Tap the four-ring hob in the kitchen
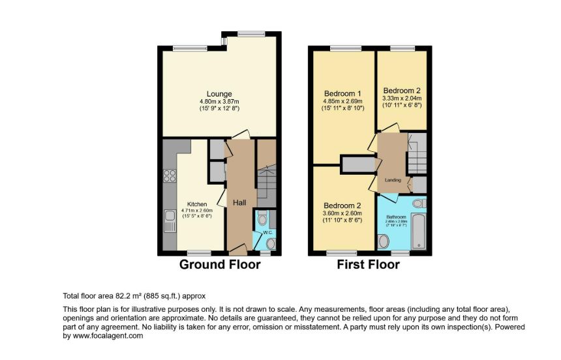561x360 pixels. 169,175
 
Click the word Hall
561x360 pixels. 239,203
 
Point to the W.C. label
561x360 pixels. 267,232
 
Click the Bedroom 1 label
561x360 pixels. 344,93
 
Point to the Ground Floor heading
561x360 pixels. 220,265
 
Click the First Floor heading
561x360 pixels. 368,265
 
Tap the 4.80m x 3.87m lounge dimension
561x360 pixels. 219,102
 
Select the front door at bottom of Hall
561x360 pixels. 237,250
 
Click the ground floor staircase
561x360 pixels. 267,183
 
